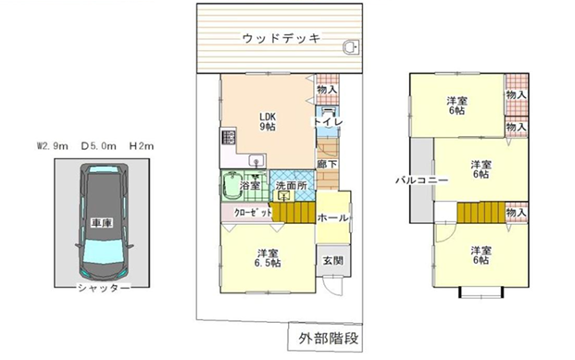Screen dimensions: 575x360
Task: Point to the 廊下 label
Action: tap(327, 165)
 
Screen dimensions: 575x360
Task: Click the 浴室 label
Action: tap(249, 185)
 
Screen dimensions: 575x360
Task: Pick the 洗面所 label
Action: tap(291, 185)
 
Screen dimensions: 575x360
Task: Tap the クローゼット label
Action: tap(246, 211)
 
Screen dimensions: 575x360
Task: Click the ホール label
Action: tap(332, 218)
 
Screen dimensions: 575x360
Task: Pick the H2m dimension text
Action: tap(142, 145)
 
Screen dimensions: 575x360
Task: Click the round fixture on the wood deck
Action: tap(352, 47)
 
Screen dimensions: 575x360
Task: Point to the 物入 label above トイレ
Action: tap(327, 90)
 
